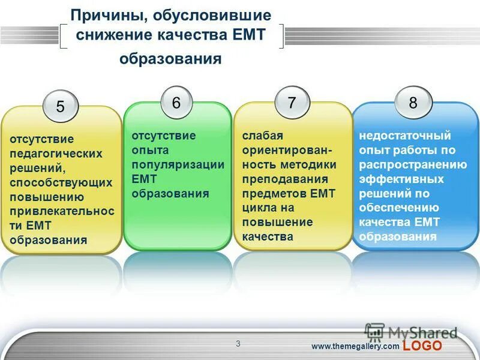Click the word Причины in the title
(x=110, y=15)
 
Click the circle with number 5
(x=60, y=107)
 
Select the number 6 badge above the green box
(x=176, y=103)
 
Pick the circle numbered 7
(x=292, y=103)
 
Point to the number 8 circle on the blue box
(x=413, y=103)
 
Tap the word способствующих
(x=61, y=182)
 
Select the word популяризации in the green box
(x=178, y=164)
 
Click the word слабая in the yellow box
(x=262, y=136)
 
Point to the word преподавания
(x=285, y=179)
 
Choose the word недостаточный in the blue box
(x=405, y=136)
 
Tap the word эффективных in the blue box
(x=401, y=179)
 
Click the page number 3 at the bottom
(x=238, y=344)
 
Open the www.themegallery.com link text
(x=355, y=346)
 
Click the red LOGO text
(x=422, y=346)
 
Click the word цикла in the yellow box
(x=258, y=208)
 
